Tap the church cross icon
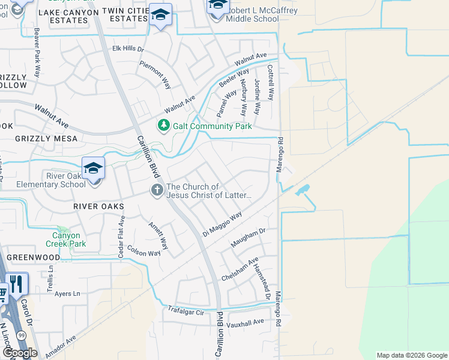(157, 190)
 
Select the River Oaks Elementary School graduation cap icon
(94, 169)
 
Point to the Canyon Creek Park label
(66, 239)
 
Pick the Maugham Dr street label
(248, 238)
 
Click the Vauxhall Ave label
(246, 322)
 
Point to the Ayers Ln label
(67, 293)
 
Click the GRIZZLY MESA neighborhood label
(48, 139)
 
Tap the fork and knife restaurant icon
(16, 284)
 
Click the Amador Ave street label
(60, 347)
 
